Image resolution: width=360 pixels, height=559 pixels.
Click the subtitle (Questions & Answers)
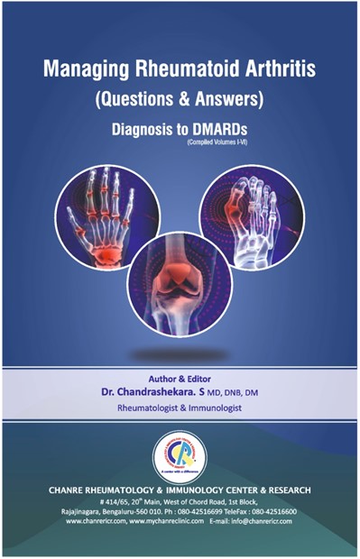point(180,101)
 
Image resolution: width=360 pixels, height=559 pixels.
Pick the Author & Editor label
point(180,380)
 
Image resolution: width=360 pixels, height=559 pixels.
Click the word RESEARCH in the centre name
point(285,490)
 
